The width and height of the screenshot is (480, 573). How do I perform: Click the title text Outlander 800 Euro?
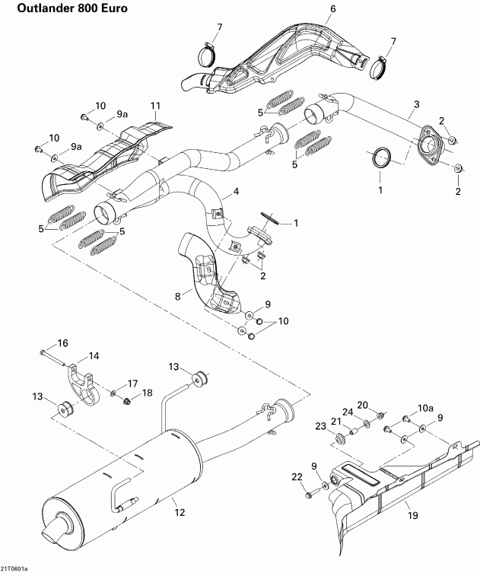(64, 8)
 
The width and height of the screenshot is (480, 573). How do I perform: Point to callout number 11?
(155, 105)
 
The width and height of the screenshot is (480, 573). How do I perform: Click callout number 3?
(416, 103)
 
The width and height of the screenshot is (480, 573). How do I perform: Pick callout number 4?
(236, 194)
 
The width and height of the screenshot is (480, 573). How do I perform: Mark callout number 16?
(62, 342)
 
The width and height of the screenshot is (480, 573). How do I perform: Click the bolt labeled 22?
(309, 495)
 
